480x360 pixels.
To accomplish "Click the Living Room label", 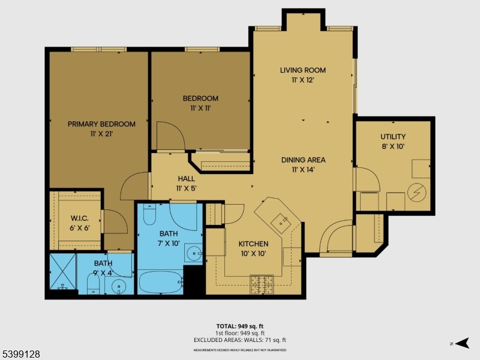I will (x=303, y=70).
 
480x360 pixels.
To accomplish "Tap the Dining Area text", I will (x=303, y=160).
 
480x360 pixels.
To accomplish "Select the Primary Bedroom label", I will (x=101, y=124).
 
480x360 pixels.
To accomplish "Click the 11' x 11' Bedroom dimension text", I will (x=200, y=109).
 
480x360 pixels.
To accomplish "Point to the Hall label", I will (x=186, y=179).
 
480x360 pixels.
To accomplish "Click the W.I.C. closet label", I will (x=80, y=218).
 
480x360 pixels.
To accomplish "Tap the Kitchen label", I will (x=253, y=244).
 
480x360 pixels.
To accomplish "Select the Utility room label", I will (x=393, y=137).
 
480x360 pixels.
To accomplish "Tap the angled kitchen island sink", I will (x=280, y=221).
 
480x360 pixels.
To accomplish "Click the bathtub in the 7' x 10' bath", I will (x=160, y=282).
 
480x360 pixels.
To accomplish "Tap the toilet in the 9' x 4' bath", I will (x=94, y=282).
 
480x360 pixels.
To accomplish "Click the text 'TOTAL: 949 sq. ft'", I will (x=240, y=326).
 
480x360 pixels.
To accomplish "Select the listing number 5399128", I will (x=21, y=355).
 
